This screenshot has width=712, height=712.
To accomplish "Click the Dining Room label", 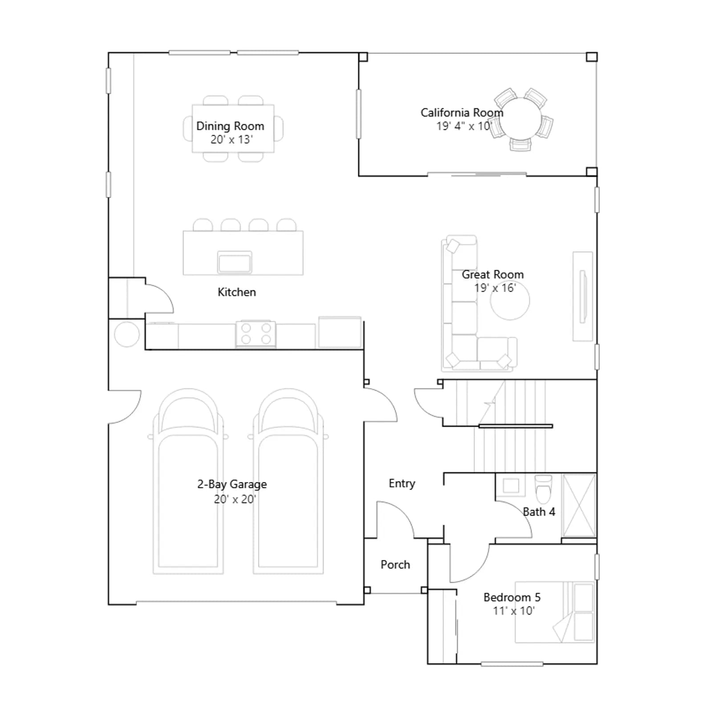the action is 230,126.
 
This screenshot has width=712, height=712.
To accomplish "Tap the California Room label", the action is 462,113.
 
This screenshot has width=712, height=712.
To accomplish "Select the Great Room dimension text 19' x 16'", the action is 495,288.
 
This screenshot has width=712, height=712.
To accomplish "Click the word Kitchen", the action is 237,292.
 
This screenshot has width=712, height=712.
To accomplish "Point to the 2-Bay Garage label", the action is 232,484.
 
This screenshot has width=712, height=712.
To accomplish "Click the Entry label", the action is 402,484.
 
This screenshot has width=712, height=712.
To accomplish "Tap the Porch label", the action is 395,565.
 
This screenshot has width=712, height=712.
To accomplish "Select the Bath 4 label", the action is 539,512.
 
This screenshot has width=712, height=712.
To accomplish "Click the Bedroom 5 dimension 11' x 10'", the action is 514,611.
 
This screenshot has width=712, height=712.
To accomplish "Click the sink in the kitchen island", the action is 235,261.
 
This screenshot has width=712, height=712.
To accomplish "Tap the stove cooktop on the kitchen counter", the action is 255,334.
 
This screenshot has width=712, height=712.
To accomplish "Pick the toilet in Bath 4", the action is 543,489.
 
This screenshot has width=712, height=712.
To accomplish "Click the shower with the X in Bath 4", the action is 579,506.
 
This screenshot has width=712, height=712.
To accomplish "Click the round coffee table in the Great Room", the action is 510,300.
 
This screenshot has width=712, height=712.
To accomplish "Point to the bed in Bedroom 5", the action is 554,612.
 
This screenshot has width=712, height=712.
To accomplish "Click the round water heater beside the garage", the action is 127,334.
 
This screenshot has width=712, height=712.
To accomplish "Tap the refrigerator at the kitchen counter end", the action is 340,332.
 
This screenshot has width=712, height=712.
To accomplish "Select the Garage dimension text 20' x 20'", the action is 235,499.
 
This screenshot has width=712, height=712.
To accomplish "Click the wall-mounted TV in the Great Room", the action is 583,296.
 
